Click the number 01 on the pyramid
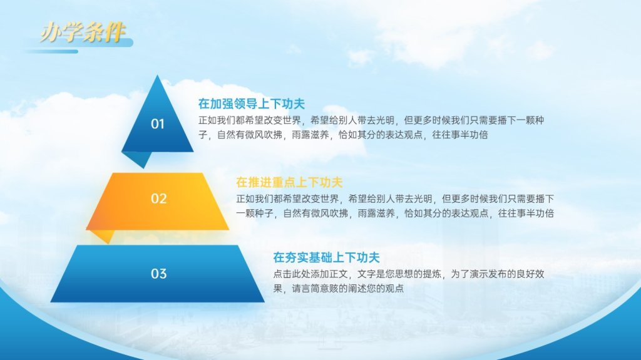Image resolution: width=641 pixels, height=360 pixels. coord(158,123)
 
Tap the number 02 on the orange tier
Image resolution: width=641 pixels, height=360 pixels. coord(158,198)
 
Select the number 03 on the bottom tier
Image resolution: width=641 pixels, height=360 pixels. coord(158,273)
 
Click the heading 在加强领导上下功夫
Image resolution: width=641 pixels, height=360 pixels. coord(252,103)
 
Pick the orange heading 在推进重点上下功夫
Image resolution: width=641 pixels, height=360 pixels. coord(289,182)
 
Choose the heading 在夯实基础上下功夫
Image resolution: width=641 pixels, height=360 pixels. coord(326,257)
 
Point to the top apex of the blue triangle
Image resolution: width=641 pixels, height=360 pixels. coord(157,75)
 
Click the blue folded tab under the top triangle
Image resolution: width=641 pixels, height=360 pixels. coord(137,159)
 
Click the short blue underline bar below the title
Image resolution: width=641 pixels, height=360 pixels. coord(51,51)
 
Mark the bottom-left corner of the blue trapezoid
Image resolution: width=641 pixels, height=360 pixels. coord(51,302)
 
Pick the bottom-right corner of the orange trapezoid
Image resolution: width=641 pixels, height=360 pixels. coord(228,229)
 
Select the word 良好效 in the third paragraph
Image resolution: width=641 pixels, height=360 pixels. coord(530,274)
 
